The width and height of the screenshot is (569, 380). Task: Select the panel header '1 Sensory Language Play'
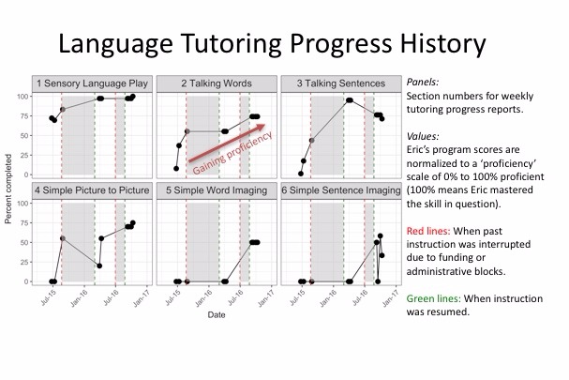coord(92,84)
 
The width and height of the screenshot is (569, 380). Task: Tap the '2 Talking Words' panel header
coord(217,84)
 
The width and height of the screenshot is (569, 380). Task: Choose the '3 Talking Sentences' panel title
coord(341,84)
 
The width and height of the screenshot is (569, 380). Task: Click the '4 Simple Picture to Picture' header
coord(92,190)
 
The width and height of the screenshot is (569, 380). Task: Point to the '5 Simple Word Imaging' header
coord(217,190)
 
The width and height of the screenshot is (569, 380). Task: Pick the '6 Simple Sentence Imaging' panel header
coord(341,190)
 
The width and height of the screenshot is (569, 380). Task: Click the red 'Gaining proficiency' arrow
coord(227,143)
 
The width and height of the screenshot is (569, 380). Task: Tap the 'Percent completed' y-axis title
coord(8,189)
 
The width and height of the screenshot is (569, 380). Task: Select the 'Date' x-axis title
coord(217,314)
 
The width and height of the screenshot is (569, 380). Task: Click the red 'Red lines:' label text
coord(428,231)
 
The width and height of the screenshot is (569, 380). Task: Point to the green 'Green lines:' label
coord(434,298)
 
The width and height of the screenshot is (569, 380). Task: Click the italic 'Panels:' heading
coord(423,83)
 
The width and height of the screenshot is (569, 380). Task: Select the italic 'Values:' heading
coord(423,136)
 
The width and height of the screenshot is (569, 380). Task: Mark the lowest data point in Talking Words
coord(176,169)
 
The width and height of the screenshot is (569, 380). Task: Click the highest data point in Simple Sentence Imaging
coord(380,236)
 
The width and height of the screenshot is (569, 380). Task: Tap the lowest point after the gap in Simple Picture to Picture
coord(99,266)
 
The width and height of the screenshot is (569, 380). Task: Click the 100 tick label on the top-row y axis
coord(22,97)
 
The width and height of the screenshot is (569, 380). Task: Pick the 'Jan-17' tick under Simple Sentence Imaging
coord(391,299)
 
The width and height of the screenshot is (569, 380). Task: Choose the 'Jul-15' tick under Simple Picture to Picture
coord(48,299)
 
